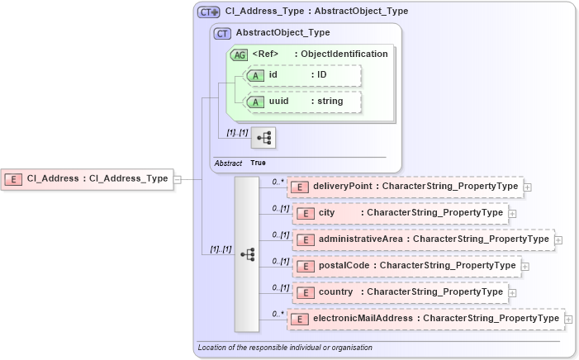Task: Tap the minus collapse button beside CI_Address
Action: (x=177, y=178)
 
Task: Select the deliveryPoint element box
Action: (x=405, y=187)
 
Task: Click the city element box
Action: (x=400, y=213)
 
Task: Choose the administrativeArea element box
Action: (x=422, y=239)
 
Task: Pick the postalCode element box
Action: (x=406, y=266)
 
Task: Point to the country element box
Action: (x=400, y=292)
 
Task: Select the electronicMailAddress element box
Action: (x=426, y=319)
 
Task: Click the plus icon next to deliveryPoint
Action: (x=528, y=187)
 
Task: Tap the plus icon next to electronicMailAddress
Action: (x=568, y=320)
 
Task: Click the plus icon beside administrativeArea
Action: (x=558, y=240)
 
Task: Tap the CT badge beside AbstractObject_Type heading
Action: (x=222, y=34)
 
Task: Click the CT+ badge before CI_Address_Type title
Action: (x=208, y=12)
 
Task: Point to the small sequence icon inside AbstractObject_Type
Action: (x=263, y=137)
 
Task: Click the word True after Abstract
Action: (x=259, y=163)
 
